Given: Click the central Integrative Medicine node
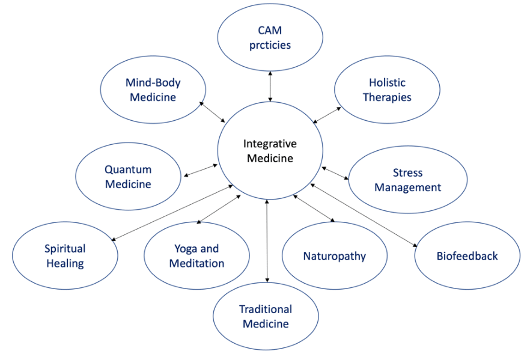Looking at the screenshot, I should [269, 151].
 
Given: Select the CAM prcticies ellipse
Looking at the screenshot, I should [270, 37].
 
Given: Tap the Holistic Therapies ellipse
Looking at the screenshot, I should [387, 90].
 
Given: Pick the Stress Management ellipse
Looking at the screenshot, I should [407, 180].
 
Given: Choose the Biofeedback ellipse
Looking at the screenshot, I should [467, 256].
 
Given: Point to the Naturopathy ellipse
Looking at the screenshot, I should [334, 256].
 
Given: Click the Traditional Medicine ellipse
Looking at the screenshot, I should [266, 316].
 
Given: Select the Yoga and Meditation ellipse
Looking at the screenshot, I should [196, 256].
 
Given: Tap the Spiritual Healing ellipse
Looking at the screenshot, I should [65, 256].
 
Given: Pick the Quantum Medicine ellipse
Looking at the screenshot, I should [128, 177].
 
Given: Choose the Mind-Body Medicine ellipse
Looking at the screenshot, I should [153, 90].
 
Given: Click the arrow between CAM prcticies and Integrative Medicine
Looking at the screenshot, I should [270, 86].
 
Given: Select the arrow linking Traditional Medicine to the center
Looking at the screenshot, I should [267, 240].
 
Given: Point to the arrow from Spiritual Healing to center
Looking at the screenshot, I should [172, 213].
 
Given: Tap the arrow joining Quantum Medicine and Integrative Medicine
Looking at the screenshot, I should [201, 170].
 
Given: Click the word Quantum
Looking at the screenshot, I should [128, 169].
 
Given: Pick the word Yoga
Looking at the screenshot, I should [186, 249].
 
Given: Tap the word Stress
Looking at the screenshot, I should [407, 172].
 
